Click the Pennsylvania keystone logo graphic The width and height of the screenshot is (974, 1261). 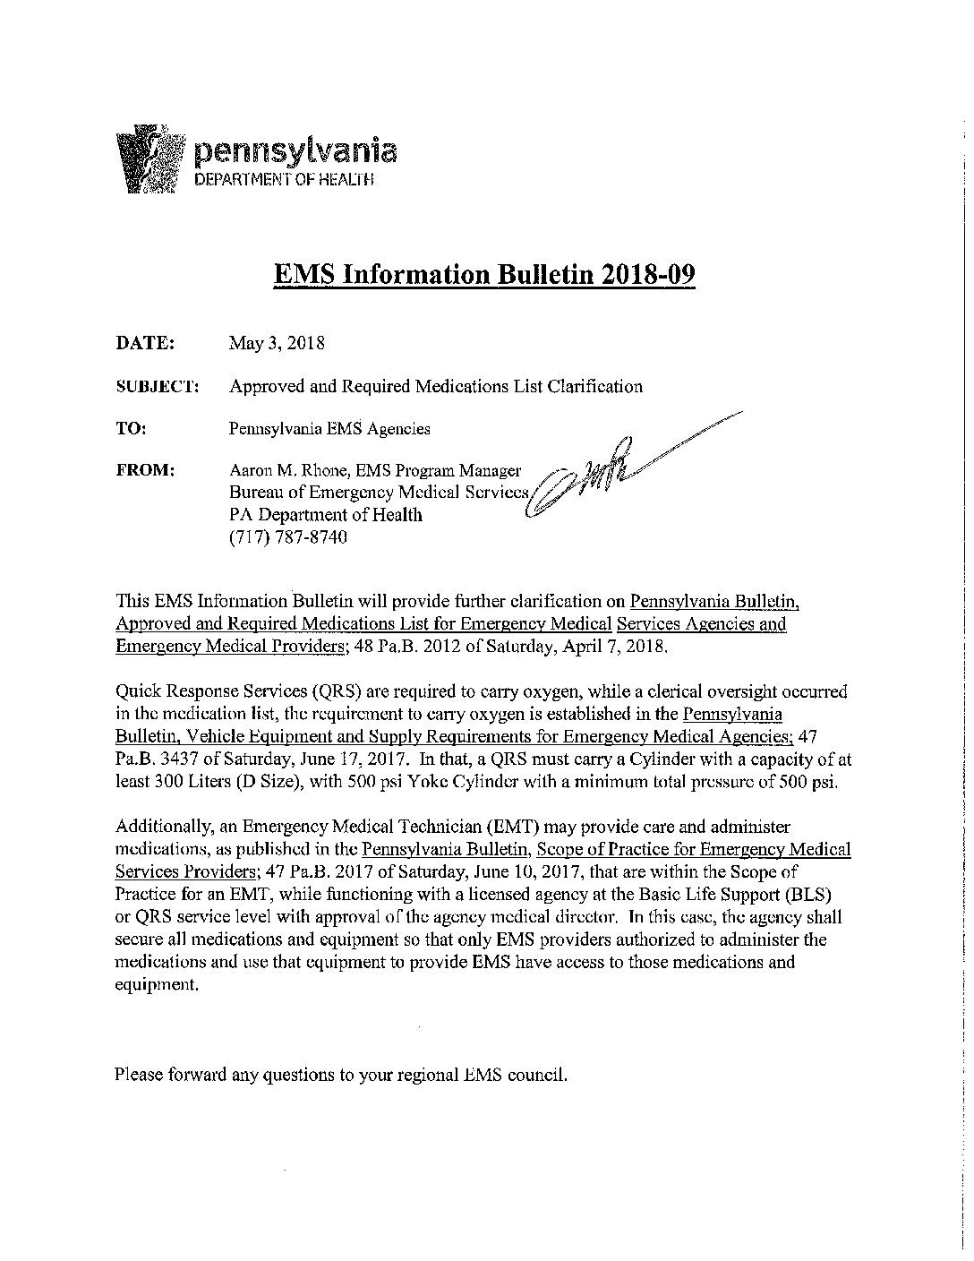151,159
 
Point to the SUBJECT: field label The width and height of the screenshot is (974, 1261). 157,387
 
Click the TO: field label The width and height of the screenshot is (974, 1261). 131,428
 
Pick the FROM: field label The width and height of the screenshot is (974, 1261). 145,470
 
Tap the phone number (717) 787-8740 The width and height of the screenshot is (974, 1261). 287,537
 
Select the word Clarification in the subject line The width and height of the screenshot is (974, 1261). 594,387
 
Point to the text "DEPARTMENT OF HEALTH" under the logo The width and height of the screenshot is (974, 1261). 284,180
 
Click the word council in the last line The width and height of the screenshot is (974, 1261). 536,1074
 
